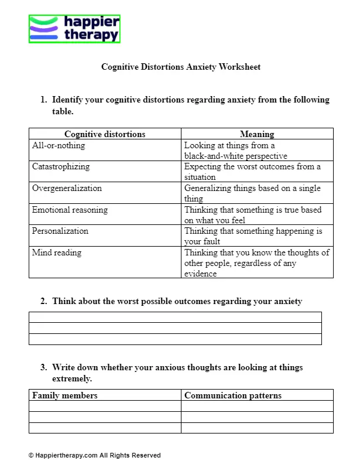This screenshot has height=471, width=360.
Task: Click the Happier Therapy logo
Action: pos(74,29)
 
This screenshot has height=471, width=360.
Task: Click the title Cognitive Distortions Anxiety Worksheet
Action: pos(181,67)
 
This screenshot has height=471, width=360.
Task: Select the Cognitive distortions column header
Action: pos(105,134)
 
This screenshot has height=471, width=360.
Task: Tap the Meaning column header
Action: pos(257,134)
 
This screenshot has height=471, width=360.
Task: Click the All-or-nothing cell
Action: pos(59,145)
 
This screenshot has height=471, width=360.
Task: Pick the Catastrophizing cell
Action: pos(61,167)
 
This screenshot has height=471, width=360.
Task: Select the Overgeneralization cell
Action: pos(67,189)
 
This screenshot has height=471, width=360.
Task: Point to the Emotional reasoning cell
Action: pos(70,210)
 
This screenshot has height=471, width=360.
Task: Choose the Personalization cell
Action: pos(60,231)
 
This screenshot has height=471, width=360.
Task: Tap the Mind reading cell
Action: pos(57,253)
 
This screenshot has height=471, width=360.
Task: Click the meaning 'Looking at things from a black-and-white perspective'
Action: pos(236,151)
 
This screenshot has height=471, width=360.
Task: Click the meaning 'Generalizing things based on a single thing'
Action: pos(252,193)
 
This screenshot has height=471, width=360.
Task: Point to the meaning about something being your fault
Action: pos(253,236)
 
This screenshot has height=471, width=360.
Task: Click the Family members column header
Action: pos(65,395)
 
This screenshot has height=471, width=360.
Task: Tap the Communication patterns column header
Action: pos(233,395)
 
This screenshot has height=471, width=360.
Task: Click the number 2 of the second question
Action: pos(43,302)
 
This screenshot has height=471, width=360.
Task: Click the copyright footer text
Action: pos(94,455)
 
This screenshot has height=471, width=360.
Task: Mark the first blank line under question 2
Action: pos(175,318)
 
